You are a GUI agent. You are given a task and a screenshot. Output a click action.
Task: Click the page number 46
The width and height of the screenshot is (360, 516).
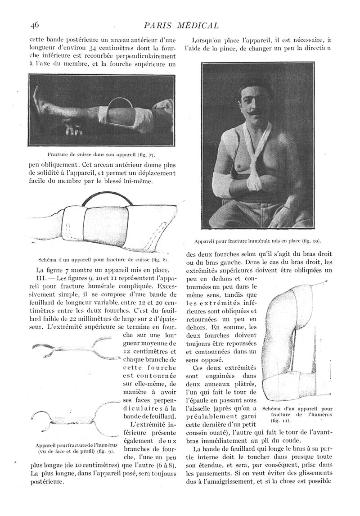point(36,25)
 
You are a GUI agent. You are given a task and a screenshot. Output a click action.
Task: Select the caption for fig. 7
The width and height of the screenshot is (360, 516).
point(101,154)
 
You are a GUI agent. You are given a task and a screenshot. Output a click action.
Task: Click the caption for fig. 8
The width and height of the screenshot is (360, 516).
point(103,260)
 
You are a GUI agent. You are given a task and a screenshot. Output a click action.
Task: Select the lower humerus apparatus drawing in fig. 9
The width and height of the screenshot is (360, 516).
point(72,421)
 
